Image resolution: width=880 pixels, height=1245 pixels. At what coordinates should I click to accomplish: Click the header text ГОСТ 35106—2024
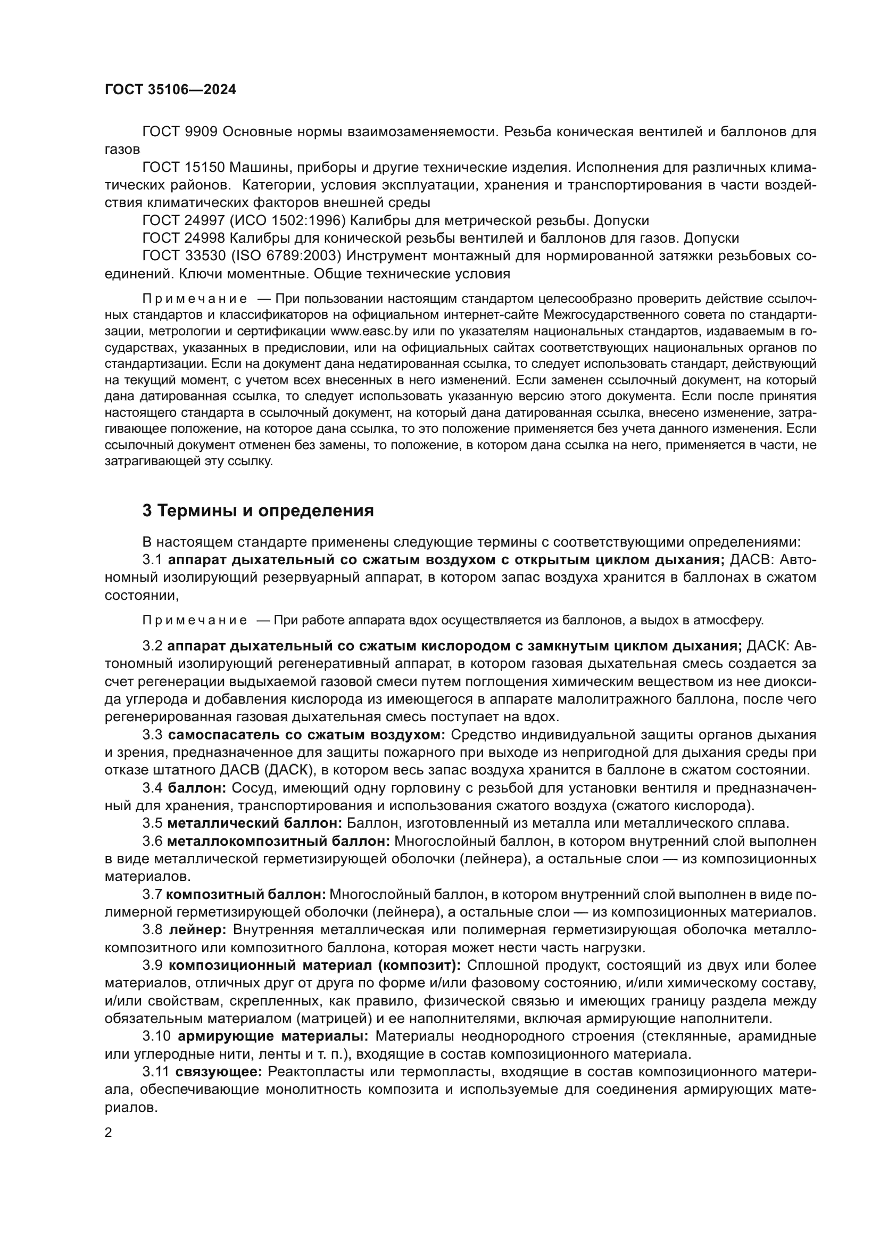(170, 90)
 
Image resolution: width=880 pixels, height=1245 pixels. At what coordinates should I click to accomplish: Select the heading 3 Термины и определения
(258, 511)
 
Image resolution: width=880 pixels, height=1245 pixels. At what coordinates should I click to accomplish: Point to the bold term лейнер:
(197, 929)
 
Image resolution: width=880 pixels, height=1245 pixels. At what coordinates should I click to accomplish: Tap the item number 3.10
(156, 1036)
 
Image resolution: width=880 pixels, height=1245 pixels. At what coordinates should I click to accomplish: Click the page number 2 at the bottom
(109, 1133)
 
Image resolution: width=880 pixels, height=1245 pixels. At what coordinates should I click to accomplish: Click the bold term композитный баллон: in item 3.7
(245, 894)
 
